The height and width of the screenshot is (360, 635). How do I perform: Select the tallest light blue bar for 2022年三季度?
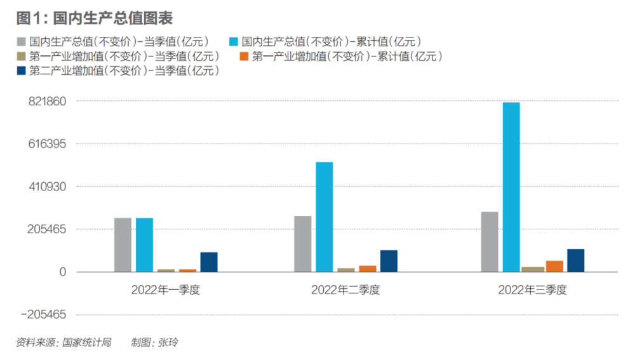(x=511, y=187)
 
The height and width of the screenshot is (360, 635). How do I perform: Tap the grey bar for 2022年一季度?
(x=123, y=244)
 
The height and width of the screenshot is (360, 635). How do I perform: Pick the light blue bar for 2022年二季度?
(x=324, y=217)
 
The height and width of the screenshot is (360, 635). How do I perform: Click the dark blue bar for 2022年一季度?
(x=209, y=262)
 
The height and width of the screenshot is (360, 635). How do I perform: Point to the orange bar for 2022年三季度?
(x=554, y=266)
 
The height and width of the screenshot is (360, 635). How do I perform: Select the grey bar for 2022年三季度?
(x=490, y=241)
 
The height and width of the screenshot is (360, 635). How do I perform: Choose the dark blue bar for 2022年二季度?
(x=389, y=260)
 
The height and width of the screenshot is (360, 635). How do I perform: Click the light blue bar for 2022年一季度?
(x=144, y=244)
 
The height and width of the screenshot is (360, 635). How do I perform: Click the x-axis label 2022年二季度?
(x=345, y=290)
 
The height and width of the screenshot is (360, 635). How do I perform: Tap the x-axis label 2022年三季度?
(x=532, y=290)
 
